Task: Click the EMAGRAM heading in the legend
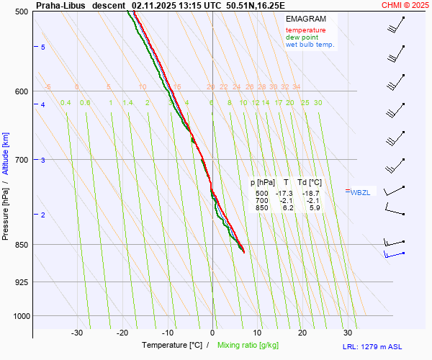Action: pyautogui.click(x=305, y=18)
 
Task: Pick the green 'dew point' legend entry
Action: pyautogui.click(x=303, y=37)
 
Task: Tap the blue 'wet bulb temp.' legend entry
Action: pyautogui.click(x=310, y=45)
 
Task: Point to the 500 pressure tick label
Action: pyautogui.click(x=21, y=12)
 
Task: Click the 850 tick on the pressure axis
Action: pyautogui.click(x=21, y=245)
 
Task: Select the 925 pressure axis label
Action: pyautogui.click(x=21, y=282)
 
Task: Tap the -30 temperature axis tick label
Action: pyautogui.click(x=77, y=333)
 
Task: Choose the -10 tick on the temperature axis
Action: pyautogui.click(x=167, y=333)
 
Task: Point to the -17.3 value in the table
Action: pyautogui.click(x=286, y=194)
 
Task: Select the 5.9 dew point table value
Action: pyautogui.click(x=314, y=208)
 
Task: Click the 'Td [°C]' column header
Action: pyautogui.click(x=310, y=183)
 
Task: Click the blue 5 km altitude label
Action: pyautogui.click(x=42, y=47)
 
